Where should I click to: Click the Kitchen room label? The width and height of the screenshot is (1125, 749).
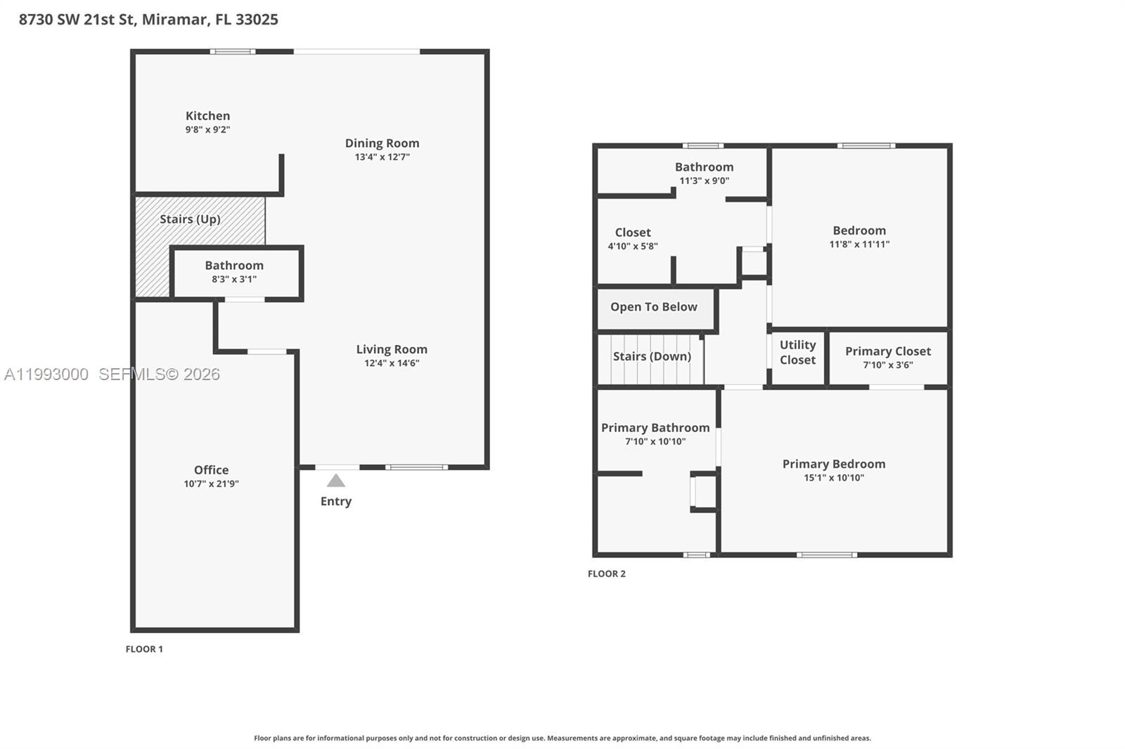point(207,116)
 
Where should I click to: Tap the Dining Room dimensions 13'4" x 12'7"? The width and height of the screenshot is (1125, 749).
point(382,157)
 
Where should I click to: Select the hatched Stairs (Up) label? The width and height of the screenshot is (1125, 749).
point(190,219)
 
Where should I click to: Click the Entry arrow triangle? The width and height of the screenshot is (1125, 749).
point(336,481)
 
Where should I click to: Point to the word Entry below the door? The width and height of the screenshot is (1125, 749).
point(336,502)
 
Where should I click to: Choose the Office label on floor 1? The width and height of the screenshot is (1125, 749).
point(211,470)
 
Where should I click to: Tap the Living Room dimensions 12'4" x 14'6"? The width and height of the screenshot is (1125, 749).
point(392,363)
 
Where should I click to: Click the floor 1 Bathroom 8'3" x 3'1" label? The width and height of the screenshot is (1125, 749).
point(234,266)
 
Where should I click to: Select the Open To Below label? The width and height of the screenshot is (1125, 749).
point(654,307)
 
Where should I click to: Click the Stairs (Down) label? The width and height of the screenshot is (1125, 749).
point(652,356)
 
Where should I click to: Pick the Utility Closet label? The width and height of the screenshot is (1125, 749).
point(797,352)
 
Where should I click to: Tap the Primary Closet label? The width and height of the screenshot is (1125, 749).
point(887,351)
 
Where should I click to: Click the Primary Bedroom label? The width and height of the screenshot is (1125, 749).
point(834,464)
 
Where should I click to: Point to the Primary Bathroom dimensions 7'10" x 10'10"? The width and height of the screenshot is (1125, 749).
point(655,442)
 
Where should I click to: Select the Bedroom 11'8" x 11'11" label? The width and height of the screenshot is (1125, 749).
point(859,230)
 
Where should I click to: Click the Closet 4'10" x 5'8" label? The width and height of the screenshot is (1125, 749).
point(633,233)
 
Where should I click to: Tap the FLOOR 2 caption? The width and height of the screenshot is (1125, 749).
point(607,574)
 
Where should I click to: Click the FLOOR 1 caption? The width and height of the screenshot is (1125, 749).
point(144,649)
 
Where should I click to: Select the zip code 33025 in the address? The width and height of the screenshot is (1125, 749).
point(257,20)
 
